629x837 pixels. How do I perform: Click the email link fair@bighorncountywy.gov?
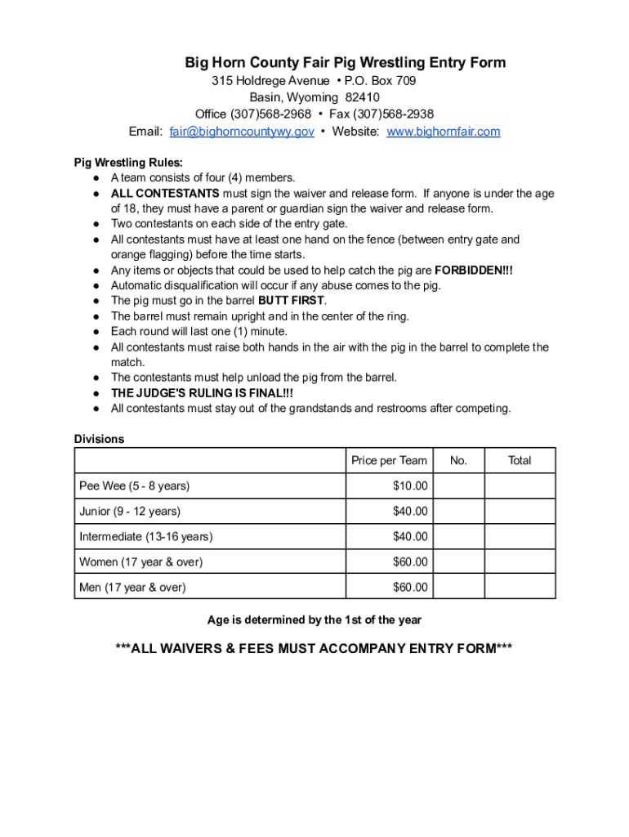pyautogui.click(x=241, y=132)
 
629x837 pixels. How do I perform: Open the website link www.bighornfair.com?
pyautogui.click(x=443, y=132)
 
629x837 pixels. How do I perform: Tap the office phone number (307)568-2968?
pyautogui.click(x=270, y=114)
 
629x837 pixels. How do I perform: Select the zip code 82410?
pyautogui.click(x=362, y=97)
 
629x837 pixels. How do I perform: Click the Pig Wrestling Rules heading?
pyautogui.click(x=128, y=162)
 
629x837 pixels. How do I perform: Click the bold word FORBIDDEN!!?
pyautogui.click(x=474, y=270)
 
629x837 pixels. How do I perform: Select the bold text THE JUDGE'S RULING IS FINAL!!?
pyautogui.click(x=201, y=393)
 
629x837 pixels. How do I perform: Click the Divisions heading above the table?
pyautogui.click(x=99, y=439)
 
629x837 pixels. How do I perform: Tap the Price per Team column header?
pyautogui.click(x=389, y=460)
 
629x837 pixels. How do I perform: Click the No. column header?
pyautogui.click(x=458, y=460)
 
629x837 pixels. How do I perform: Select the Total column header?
pyautogui.click(x=520, y=460)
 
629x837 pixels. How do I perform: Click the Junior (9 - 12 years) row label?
pyautogui.click(x=130, y=511)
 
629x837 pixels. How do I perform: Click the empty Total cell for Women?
pyautogui.click(x=520, y=562)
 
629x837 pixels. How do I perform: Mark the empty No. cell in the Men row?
pyautogui.click(x=458, y=587)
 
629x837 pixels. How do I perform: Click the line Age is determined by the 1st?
pyautogui.click(x=314, y=620)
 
